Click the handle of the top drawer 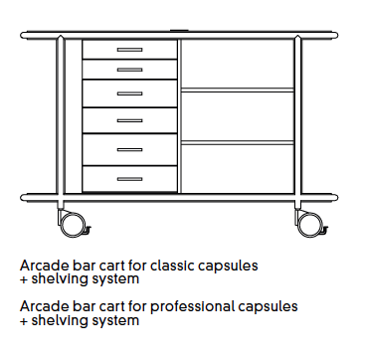129,50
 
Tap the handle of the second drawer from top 129,69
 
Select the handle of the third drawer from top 129,93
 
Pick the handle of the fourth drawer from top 129,121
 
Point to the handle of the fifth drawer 129,150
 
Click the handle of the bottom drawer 129,179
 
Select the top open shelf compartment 237,64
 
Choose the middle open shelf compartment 237,114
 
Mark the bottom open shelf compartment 237,165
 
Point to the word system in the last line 116,321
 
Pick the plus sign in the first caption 24,281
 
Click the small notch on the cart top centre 182,31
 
